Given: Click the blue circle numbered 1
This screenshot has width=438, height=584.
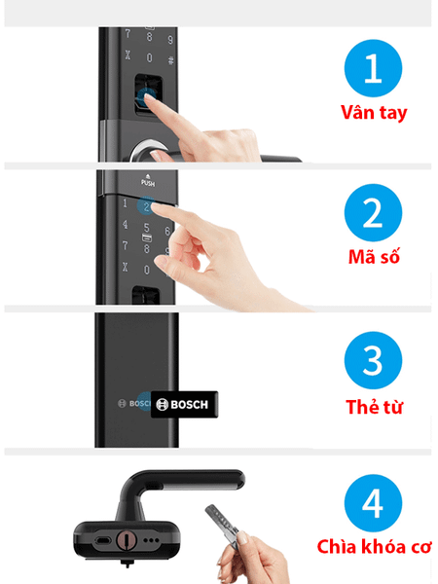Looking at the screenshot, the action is (373, 68).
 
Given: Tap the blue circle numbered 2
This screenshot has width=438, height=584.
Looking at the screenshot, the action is (373, 212).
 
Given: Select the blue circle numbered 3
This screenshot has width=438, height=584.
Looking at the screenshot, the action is (373, 360).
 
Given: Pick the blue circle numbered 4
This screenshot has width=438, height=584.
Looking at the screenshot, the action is (373, 503).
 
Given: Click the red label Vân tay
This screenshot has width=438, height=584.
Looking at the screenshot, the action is (374, 113).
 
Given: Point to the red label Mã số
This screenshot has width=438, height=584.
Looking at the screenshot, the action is (374, 257).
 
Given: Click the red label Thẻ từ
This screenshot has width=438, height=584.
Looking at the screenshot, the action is (374, 406).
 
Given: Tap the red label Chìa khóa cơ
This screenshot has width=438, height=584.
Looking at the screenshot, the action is (374, 547).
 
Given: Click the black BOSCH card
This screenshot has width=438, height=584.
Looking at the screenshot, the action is (184, 405).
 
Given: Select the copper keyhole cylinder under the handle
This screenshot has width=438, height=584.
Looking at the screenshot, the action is (127, 540).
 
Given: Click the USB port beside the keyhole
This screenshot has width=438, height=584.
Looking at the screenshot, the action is (102, 540).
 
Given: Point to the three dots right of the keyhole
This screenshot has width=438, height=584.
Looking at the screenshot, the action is (151, 540).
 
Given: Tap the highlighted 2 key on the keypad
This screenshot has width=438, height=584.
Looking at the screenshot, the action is (147, 206).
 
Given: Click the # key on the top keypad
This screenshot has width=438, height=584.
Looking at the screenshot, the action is (170, 59).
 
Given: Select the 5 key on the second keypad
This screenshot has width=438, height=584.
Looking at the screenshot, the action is (147, 227).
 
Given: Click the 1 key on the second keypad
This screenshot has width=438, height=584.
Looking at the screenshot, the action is (125, 203).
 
